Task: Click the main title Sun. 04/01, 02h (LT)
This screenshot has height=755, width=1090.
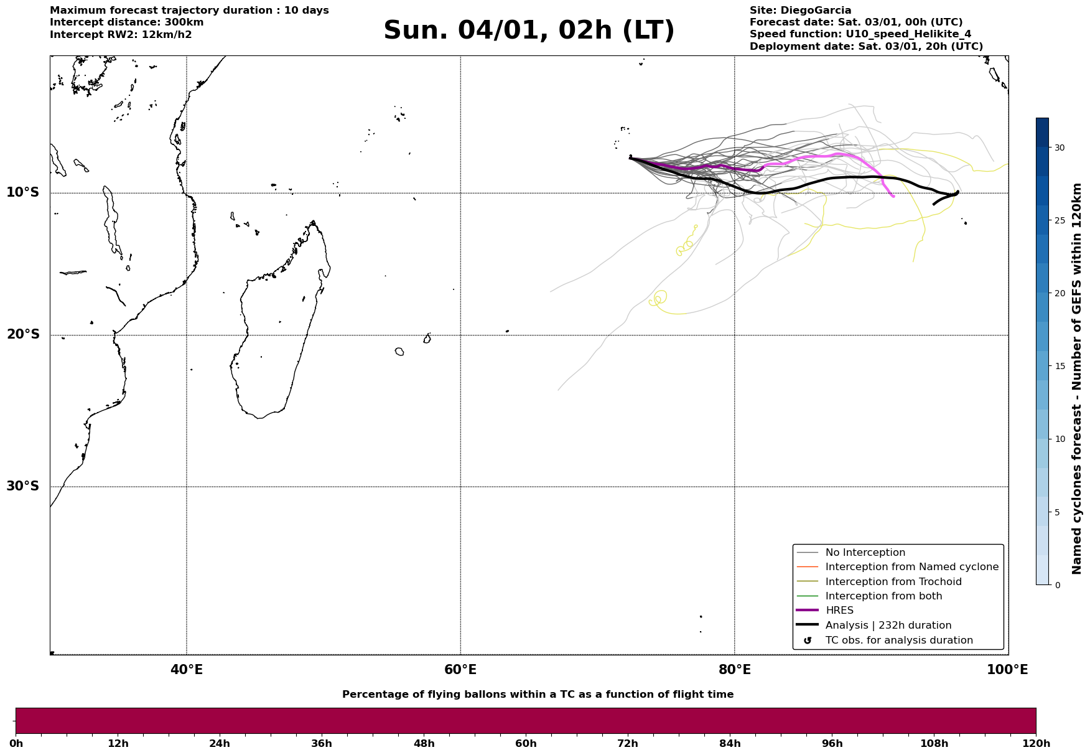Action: pos(529,30)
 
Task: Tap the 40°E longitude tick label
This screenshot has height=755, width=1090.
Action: pos(187,670)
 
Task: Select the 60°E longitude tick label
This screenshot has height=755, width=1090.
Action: pos(460,670)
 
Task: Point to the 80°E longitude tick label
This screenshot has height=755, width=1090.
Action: pos(734,670)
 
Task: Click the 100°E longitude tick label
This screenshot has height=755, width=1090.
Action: pos(1007,670)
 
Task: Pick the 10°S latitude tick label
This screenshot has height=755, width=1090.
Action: pos(23,193)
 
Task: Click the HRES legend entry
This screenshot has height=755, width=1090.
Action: pos(839,611)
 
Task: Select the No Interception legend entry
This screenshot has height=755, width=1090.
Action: pos(865,553)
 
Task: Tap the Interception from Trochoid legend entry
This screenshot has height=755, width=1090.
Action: pos(893,582)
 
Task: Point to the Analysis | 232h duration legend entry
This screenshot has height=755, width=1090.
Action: pos(888,626)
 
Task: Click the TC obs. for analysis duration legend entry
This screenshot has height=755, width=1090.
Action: pos(898,640)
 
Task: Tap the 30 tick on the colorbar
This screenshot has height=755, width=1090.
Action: pos(1059,148)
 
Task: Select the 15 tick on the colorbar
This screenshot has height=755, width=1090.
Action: pos(1059,366)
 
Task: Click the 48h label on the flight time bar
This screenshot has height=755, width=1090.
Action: pos(424,744)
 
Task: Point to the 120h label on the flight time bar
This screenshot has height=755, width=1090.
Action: pos(1036,744)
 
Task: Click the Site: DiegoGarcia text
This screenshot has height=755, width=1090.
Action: pos(800,11)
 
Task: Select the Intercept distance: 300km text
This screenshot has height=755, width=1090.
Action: pos(126,22)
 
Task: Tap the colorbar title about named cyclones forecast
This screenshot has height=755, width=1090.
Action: pos(1077,378)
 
